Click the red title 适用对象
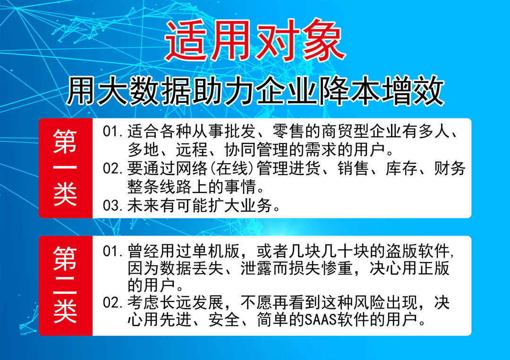click(255, 40)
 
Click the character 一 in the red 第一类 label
click(65, 167)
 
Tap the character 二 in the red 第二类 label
click(65, 285)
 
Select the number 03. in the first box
click(113, 205)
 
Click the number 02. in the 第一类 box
click(113, 168)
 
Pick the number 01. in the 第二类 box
click(113, 251)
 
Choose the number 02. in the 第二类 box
click(113, 302)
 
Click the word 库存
click(401, 168)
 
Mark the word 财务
click(450, 168)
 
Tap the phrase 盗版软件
click(418, 251)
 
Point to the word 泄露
click(256, 268)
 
